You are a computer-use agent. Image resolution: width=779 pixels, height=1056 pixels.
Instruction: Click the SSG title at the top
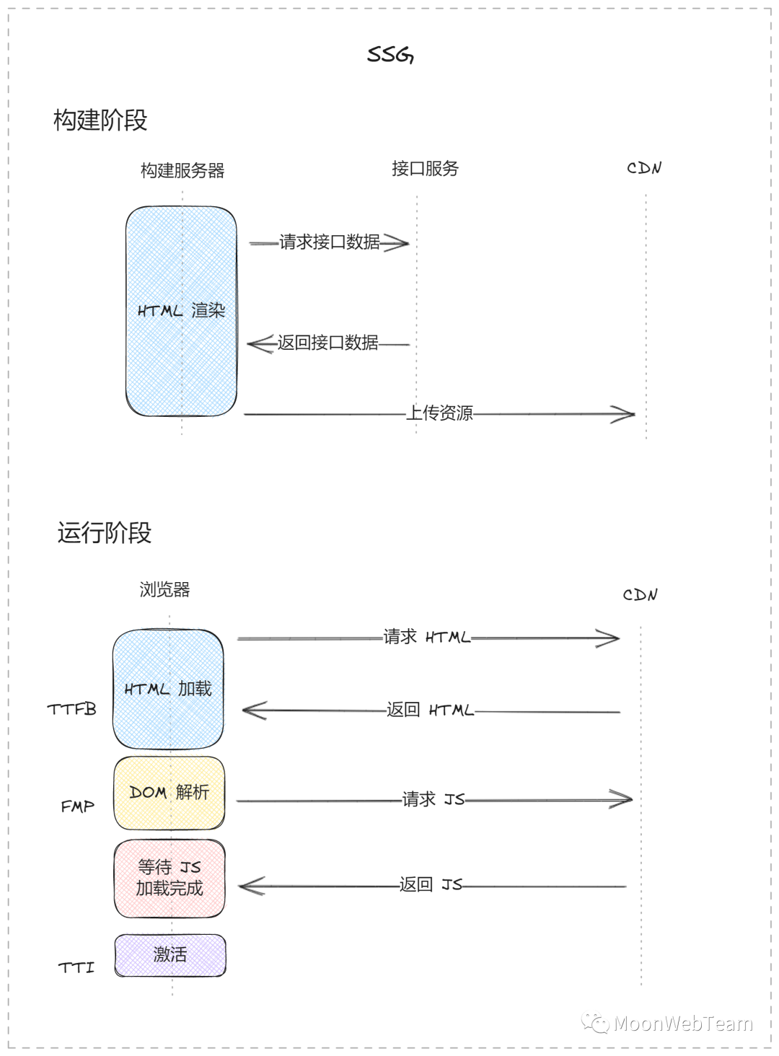click(x=390, y=55)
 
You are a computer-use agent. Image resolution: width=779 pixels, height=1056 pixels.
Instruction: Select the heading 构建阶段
click(x=100, y=120)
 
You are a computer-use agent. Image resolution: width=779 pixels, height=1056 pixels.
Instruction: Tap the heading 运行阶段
click(x=105, y=533)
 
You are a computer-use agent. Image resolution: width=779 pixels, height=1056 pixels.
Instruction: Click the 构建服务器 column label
click(x=182, y=171)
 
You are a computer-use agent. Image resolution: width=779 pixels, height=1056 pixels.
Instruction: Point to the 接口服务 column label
click(x=425, y=169)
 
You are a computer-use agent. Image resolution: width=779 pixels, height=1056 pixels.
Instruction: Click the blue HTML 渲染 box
click(x=181, y=311)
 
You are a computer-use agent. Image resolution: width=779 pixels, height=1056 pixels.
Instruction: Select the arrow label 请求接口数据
click(x=329, y=242)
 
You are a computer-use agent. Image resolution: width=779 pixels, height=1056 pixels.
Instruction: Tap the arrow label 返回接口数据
click(x=327, y=343)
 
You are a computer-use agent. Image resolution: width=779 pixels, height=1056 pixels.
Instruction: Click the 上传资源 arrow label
click(x=439, y=413)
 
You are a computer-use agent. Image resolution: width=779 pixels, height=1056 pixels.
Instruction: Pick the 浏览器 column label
click(x=164, y=590)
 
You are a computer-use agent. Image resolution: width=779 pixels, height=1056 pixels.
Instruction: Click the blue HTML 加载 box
click(x=168, y=689)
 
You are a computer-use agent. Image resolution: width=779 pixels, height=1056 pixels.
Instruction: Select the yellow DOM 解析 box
click(x=170, y=793)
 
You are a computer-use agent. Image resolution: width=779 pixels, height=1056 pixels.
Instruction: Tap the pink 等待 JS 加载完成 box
click(x=170, y=878)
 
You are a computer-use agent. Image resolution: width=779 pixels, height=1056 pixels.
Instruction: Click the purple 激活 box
click(x=170, y=955)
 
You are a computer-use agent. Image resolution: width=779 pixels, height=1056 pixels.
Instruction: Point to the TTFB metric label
click(x=71, y=710)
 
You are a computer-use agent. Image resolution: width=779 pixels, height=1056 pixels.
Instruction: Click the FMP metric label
click(x=78, y=806)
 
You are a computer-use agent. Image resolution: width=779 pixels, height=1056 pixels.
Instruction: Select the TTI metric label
click(x=76, y=967)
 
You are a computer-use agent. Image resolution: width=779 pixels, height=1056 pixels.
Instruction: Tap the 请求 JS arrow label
click(x=433, y=799)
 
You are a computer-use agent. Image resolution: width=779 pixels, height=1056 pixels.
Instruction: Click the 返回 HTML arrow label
click(x=430, y=710)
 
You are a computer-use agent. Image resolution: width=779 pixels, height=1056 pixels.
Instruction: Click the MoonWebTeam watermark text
click(x=682, y=1024)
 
